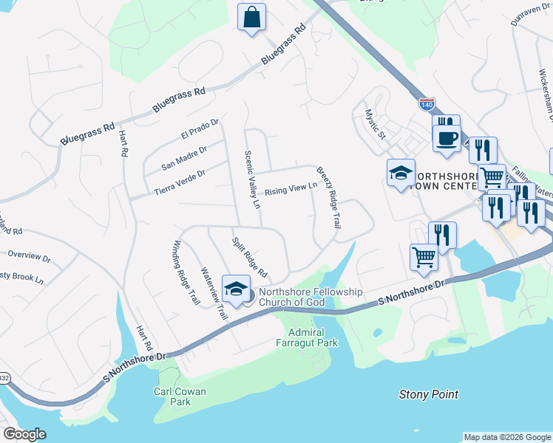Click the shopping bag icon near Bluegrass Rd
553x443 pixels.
pyautogui.click(x=251, y=16)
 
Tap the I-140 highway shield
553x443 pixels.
pyautogui.click(x=427, y=105)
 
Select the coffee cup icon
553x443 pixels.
pyautogui.click(x=447, y=138)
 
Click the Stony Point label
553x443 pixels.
pyautogui.click(x=429, y=395)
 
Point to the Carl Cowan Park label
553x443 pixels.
pyautogui.click(x=180, y=396)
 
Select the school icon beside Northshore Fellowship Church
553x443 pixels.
pyautogui.click(x=236, y=289)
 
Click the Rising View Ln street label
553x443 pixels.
pyautogui.click(x=291, y=189)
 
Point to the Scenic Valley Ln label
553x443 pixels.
pyautogui.click(x=253, y=179)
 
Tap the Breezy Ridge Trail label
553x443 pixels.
pyautogui.click(x=328, y=196)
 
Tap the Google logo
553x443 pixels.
pyautogui.click(x=24, y=434)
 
